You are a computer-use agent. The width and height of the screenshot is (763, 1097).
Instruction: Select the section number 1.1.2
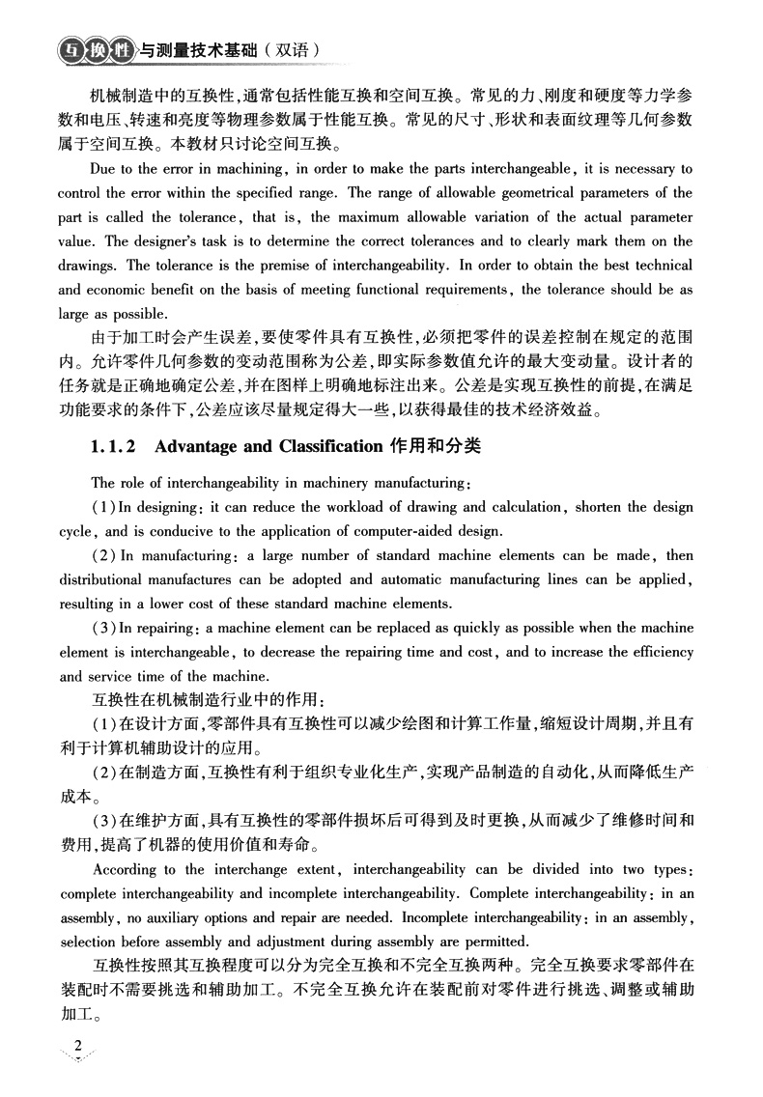click(x=116, y=447)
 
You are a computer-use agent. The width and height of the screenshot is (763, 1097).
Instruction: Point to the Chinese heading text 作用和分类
click(x=435, y=447)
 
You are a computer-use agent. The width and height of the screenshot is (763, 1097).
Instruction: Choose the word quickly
click(x=466, y=628)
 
